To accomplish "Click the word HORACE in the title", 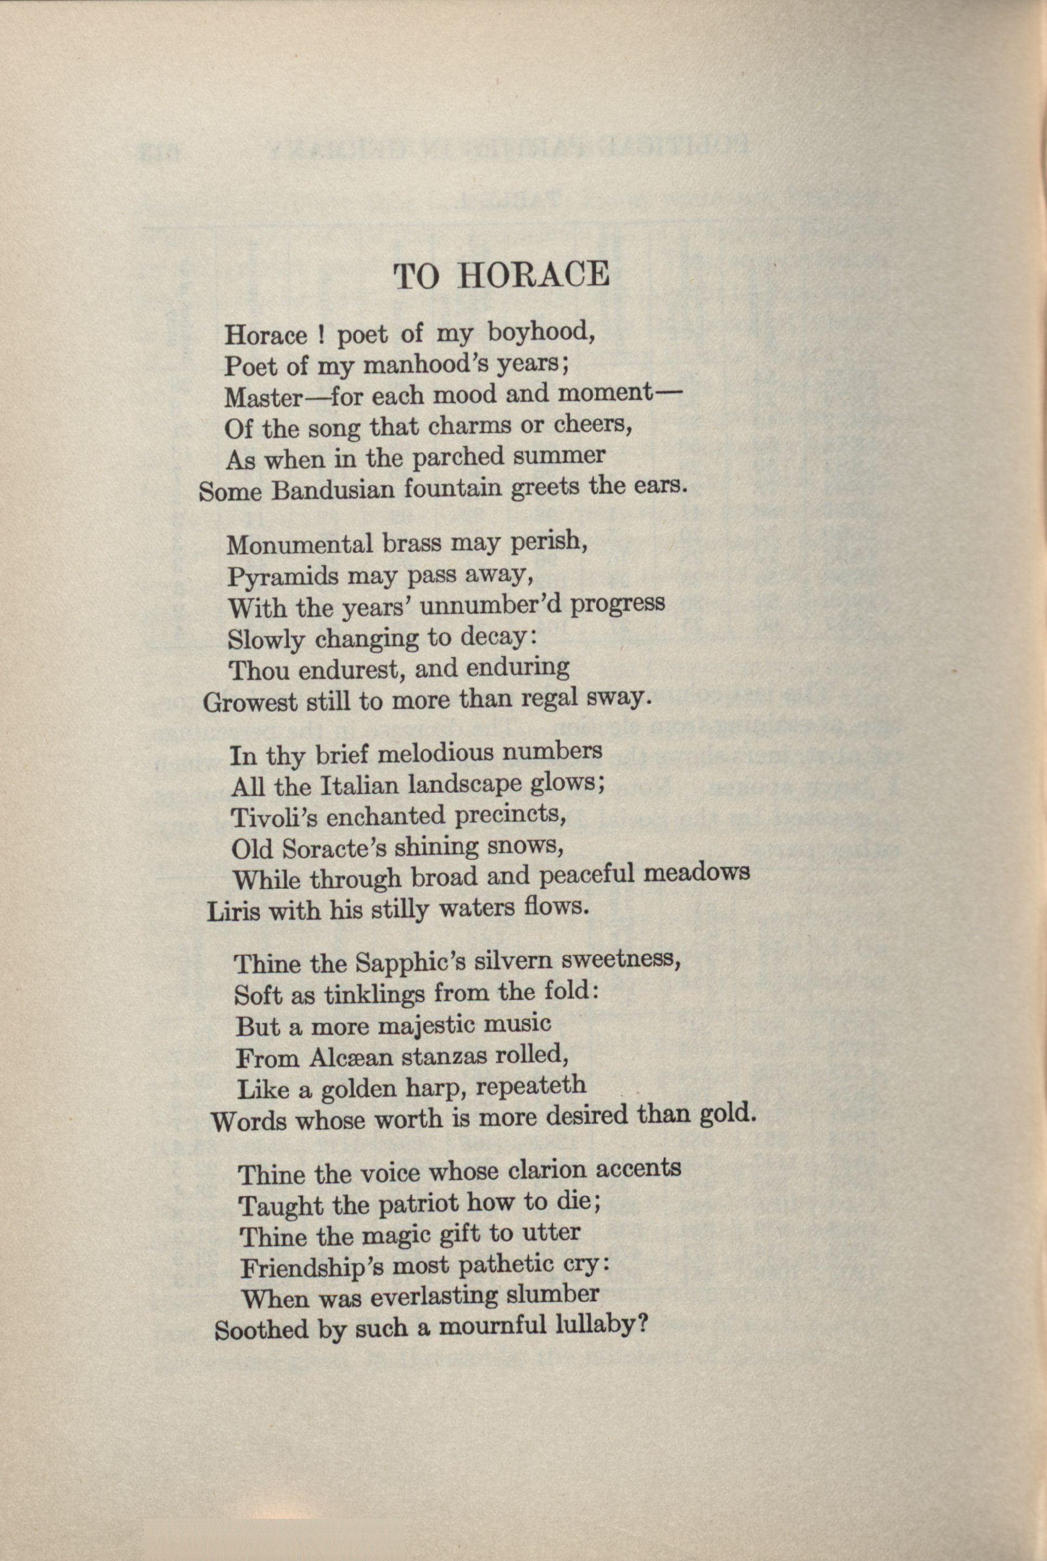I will point(533,275).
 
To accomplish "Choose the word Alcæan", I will point(339,1058).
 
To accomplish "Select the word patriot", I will point(417,1204).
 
